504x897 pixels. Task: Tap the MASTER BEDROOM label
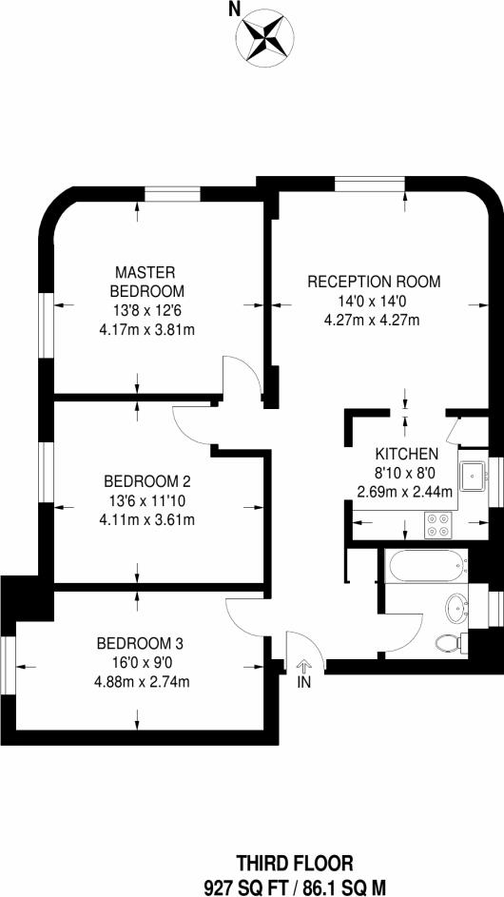pos(146,282)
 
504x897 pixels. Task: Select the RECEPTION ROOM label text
pos(374,282)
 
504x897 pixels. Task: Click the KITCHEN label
pos(406,454)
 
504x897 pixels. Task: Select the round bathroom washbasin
pos(456,606)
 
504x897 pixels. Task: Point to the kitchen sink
pos(472,475)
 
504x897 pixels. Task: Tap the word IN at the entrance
pos(303,683)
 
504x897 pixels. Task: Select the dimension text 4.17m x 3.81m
pos(147,331)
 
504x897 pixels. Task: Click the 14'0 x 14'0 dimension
pos(374,301)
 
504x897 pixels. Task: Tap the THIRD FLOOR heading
pos(281,863)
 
